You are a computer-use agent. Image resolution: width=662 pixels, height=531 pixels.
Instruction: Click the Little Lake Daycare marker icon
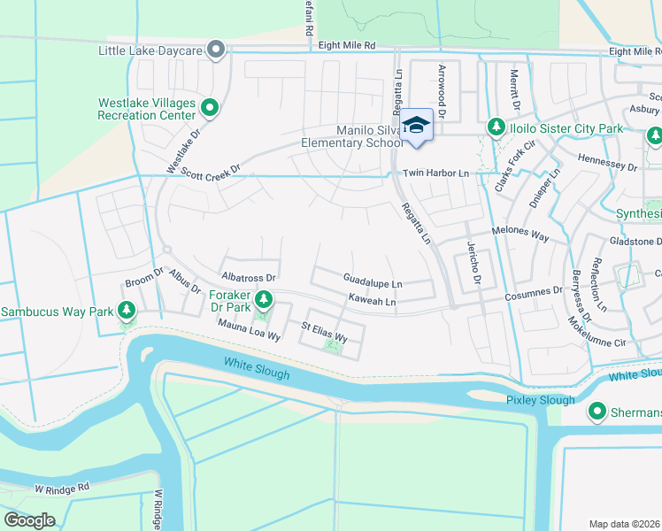(x=215, y=50)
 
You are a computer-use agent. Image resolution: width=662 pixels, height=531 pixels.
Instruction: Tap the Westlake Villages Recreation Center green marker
(x=210, y=109)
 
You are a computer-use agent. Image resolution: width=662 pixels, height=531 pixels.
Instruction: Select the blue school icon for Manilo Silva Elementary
(x=416, y=125)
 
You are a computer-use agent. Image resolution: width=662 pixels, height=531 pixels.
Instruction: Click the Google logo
(x=29, y=519)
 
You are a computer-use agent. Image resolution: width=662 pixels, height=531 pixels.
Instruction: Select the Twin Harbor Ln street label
(x=435, y=173)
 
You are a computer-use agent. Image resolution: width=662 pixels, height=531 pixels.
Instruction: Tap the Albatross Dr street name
(x=249, y=278)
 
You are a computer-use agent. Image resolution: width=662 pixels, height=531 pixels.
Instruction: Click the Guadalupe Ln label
(x=372, y=283)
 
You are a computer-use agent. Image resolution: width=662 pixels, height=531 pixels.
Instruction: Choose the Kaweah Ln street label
(x=371, y=301)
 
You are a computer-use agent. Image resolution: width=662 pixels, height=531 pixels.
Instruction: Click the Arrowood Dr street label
(x=442, y=91)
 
